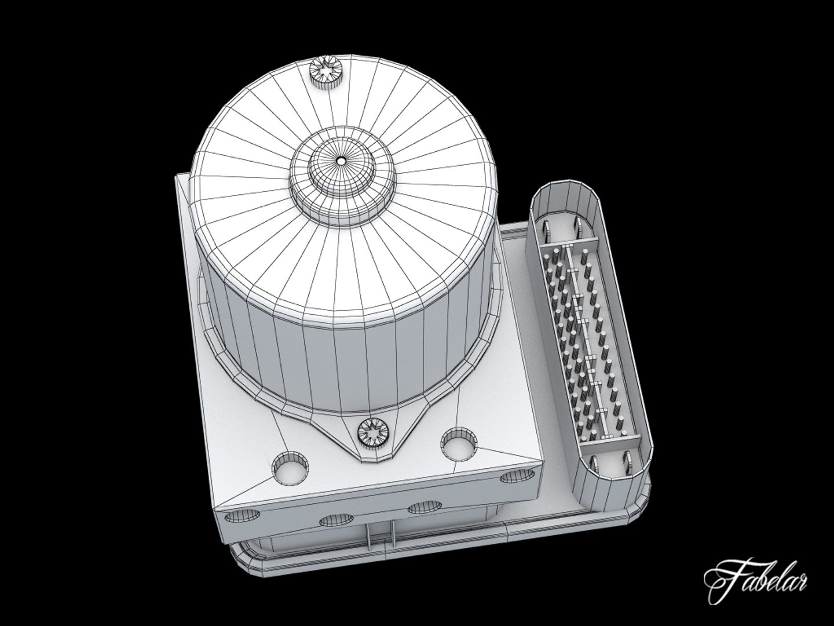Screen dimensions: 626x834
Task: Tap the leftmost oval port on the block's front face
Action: pos(236,515)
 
